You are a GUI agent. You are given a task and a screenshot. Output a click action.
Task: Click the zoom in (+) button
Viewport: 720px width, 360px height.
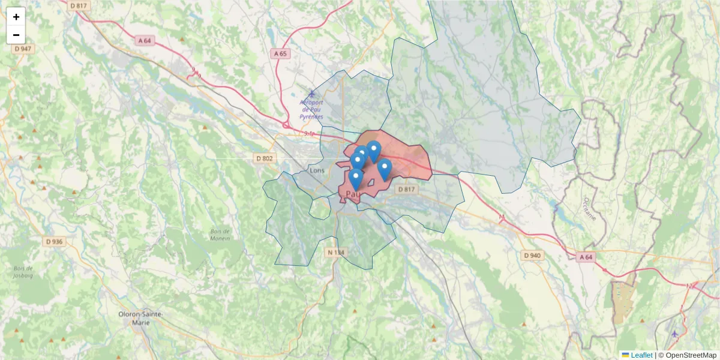(x=16, y=17)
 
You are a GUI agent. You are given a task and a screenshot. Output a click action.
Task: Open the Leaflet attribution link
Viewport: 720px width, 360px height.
(x=641, y=355)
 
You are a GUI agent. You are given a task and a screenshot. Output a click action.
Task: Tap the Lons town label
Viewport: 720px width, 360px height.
(x=317, y=170)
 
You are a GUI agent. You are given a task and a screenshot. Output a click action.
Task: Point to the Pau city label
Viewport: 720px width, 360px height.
(x=353, y=194)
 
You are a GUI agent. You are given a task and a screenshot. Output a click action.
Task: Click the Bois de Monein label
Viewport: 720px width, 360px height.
(x=220, y=235)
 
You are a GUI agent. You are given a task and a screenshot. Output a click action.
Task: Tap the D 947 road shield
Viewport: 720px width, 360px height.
(x=22, y=49)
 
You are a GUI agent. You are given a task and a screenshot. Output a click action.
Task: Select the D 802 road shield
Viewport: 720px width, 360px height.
(x=264, y=158)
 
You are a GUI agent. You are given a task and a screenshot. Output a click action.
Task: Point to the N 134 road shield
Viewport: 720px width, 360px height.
(x=336, y=253)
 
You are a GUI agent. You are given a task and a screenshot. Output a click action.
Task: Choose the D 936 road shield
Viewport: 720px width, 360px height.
(x=53, y=241)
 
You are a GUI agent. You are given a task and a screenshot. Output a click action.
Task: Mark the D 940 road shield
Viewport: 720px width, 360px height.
(x=532, y=256)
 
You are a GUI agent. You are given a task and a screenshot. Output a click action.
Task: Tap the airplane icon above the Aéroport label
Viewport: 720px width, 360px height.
(x=311, y=94)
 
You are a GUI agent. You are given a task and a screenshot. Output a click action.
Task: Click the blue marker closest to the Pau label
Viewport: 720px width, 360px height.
(x=356, y=179)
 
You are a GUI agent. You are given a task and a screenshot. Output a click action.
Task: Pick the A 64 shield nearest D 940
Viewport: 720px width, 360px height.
(x=586, y=257)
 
